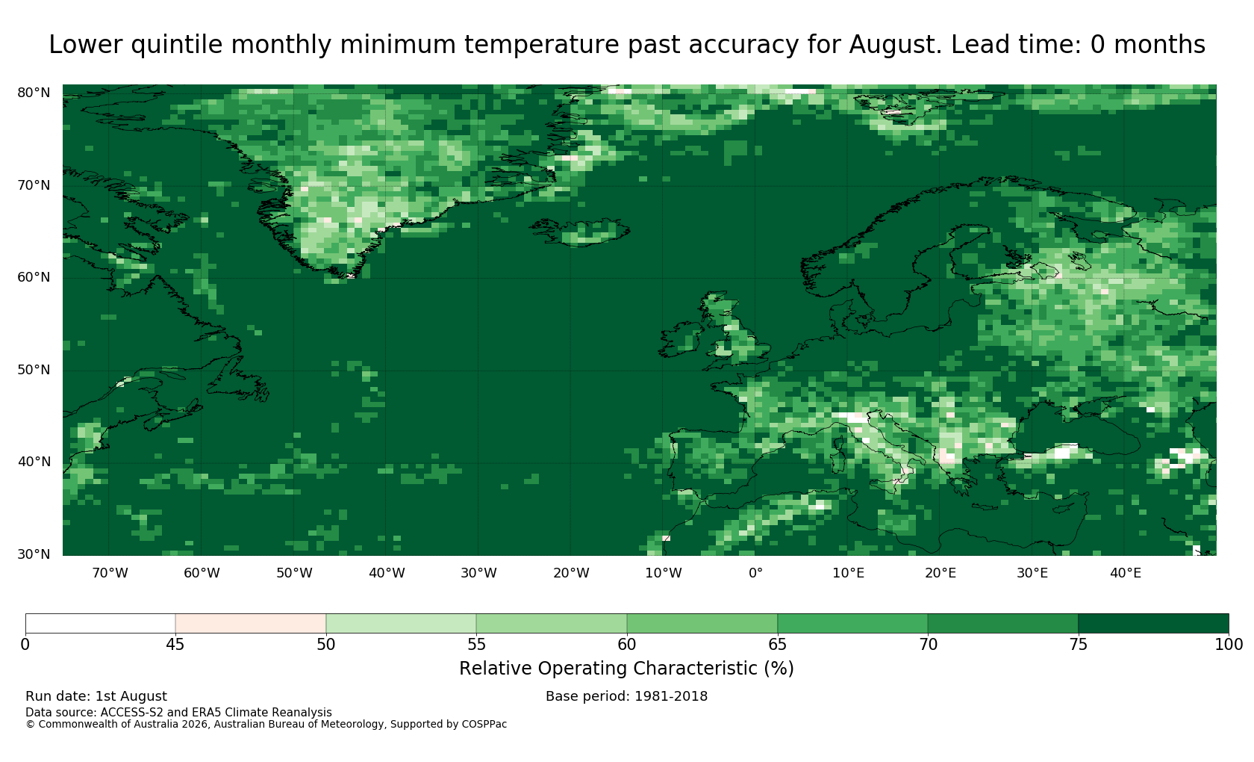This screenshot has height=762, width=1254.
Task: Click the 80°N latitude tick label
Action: [x=34, y=93]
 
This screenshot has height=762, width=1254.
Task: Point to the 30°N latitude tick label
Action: [x=34, y=554]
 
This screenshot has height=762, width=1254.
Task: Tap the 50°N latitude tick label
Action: [x=34, y=370]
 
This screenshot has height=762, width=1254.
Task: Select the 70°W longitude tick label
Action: [x=110, y=573]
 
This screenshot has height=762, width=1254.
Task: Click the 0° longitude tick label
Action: [x=755, y=573]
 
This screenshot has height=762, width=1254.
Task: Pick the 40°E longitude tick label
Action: [x=1126, y=573]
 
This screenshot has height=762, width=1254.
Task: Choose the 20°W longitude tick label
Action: [x=571, y=573]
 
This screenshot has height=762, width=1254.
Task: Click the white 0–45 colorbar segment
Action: [x=100, y=623]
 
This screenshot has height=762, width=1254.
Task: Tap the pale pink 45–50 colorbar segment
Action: [x=250, y=623]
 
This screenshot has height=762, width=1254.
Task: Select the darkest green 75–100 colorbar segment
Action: [x=1153, y=623]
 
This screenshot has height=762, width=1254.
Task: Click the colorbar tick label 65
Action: [x=777, y=644]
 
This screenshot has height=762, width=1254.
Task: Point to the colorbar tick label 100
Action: [x=1229, y=644]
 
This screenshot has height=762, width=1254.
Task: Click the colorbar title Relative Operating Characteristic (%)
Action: [x=626, y=669]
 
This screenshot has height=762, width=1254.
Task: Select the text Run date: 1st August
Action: [x=96, y=696]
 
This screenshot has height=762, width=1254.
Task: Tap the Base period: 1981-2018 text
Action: [x=626, y=696]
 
